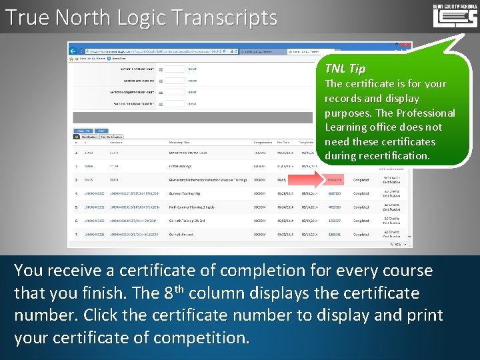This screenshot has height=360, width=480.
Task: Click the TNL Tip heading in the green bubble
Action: [345, 68]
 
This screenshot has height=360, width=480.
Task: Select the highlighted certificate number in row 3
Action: [335, 180]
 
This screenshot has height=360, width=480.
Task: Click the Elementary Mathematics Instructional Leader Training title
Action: [207, 180]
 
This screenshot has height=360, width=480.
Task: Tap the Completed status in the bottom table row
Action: [361, 235]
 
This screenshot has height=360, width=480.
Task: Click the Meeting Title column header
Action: [181, 142]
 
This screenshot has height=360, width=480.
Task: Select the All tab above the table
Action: [76, 137]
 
